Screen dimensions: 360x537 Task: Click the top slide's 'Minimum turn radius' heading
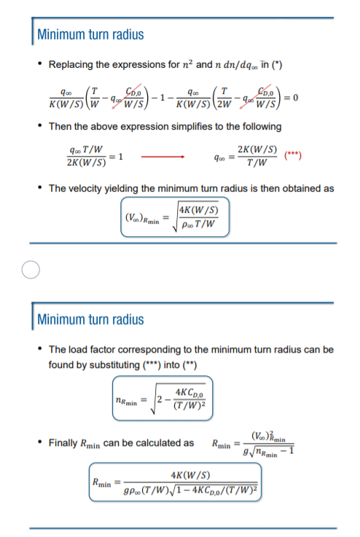(x=90, y=34)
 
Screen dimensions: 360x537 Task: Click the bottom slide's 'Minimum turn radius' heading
(x=90, y=319)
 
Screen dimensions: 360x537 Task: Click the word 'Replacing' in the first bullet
(x=71, y=65)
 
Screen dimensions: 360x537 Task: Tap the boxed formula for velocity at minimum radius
(x=174, y=216)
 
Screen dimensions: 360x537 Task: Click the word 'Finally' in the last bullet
(x=65, y=443)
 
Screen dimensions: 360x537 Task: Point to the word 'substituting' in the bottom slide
(x=103, y=364)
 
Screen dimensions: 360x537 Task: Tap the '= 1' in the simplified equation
(x=120, y=157)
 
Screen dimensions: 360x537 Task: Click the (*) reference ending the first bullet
(x=277, y=65)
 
